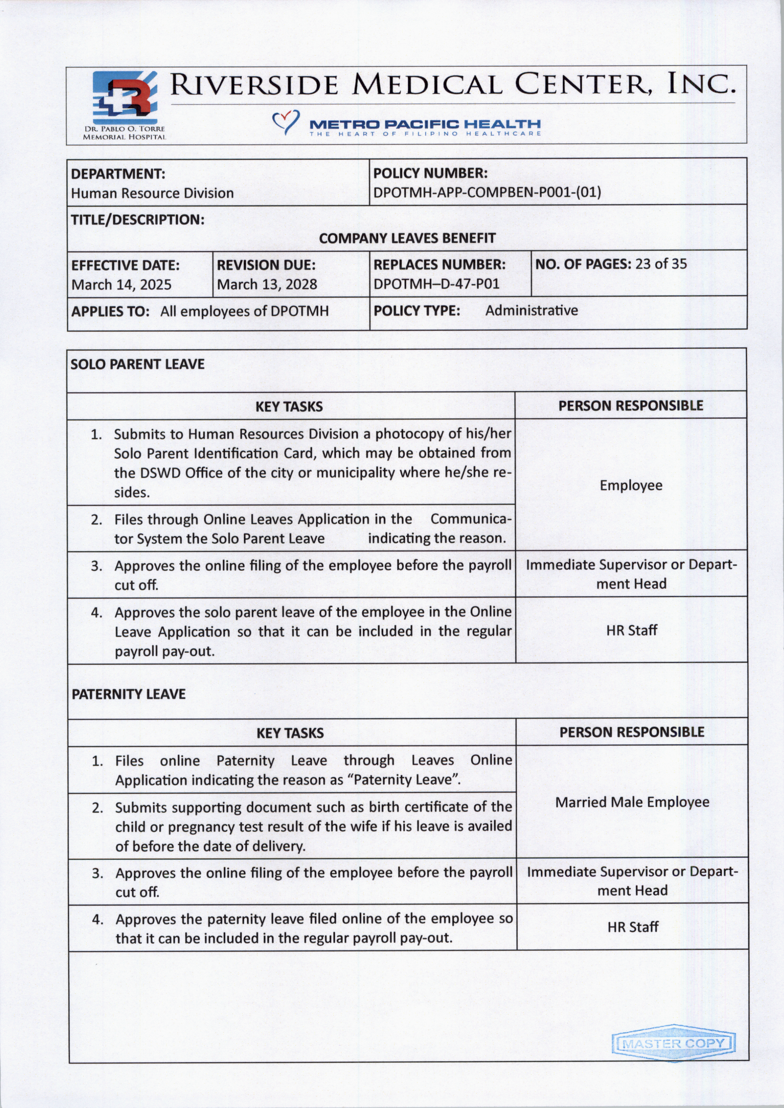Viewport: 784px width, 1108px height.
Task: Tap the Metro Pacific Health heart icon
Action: pos(286,122)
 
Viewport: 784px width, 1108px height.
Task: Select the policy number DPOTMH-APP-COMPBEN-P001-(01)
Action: pos(487,192)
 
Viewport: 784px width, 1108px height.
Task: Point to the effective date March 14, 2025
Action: pos(121,284)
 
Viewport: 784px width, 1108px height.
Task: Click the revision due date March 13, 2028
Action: pos(267,284)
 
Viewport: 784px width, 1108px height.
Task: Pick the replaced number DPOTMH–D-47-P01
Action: pos(436,283)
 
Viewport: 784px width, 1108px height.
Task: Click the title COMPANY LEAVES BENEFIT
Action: pos(407,238)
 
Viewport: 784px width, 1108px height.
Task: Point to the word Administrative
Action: pos(531,310)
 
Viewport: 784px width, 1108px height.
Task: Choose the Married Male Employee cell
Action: pos(632,802)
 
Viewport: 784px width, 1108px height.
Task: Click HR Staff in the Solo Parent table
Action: pos(631,630)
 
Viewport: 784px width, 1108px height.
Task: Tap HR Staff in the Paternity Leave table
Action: pos(632,927)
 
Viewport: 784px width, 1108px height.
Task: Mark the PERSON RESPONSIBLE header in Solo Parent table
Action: pos(630,405)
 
